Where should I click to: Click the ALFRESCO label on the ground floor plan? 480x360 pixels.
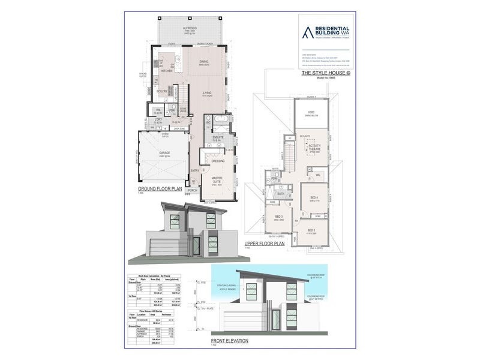click(x=190, y=29)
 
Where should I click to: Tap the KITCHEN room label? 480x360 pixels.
click(x=166, y=71)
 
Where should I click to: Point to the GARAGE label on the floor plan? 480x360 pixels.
click(x=164, y=153)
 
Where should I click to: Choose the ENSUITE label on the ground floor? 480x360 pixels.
click(x=218, y=137)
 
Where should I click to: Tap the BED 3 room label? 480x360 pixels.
click(x=278, y=217)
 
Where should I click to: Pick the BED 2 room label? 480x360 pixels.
click(x=310, y=230)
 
